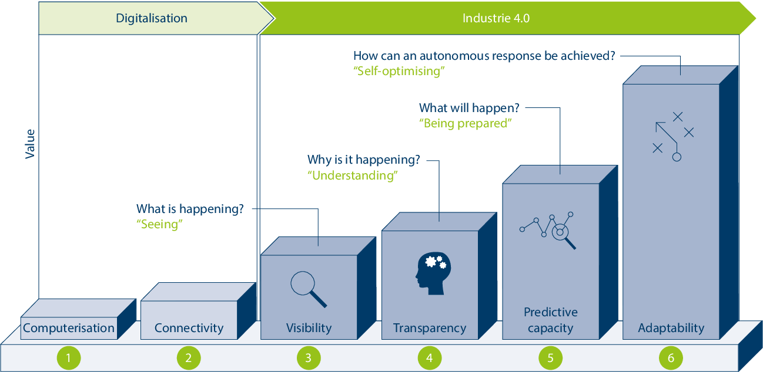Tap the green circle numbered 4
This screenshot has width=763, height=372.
(430, 357)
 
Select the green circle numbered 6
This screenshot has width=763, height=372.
(671, 357)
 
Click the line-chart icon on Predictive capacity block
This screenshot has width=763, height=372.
(548, 230)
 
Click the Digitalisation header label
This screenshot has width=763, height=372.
(152, 18)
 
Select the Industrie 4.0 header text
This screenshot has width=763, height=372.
(496, 18)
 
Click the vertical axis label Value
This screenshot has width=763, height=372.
(30, 144)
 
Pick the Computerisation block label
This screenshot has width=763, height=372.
(69, 328)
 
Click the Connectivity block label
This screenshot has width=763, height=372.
(189, 328)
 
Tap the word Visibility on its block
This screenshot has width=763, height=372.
(309, 328)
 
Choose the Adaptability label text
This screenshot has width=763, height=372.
(671, 328)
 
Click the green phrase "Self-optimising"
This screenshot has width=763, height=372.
(399, 71)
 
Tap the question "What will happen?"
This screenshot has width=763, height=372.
(469, 109)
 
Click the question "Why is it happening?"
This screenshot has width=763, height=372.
(364, 160)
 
